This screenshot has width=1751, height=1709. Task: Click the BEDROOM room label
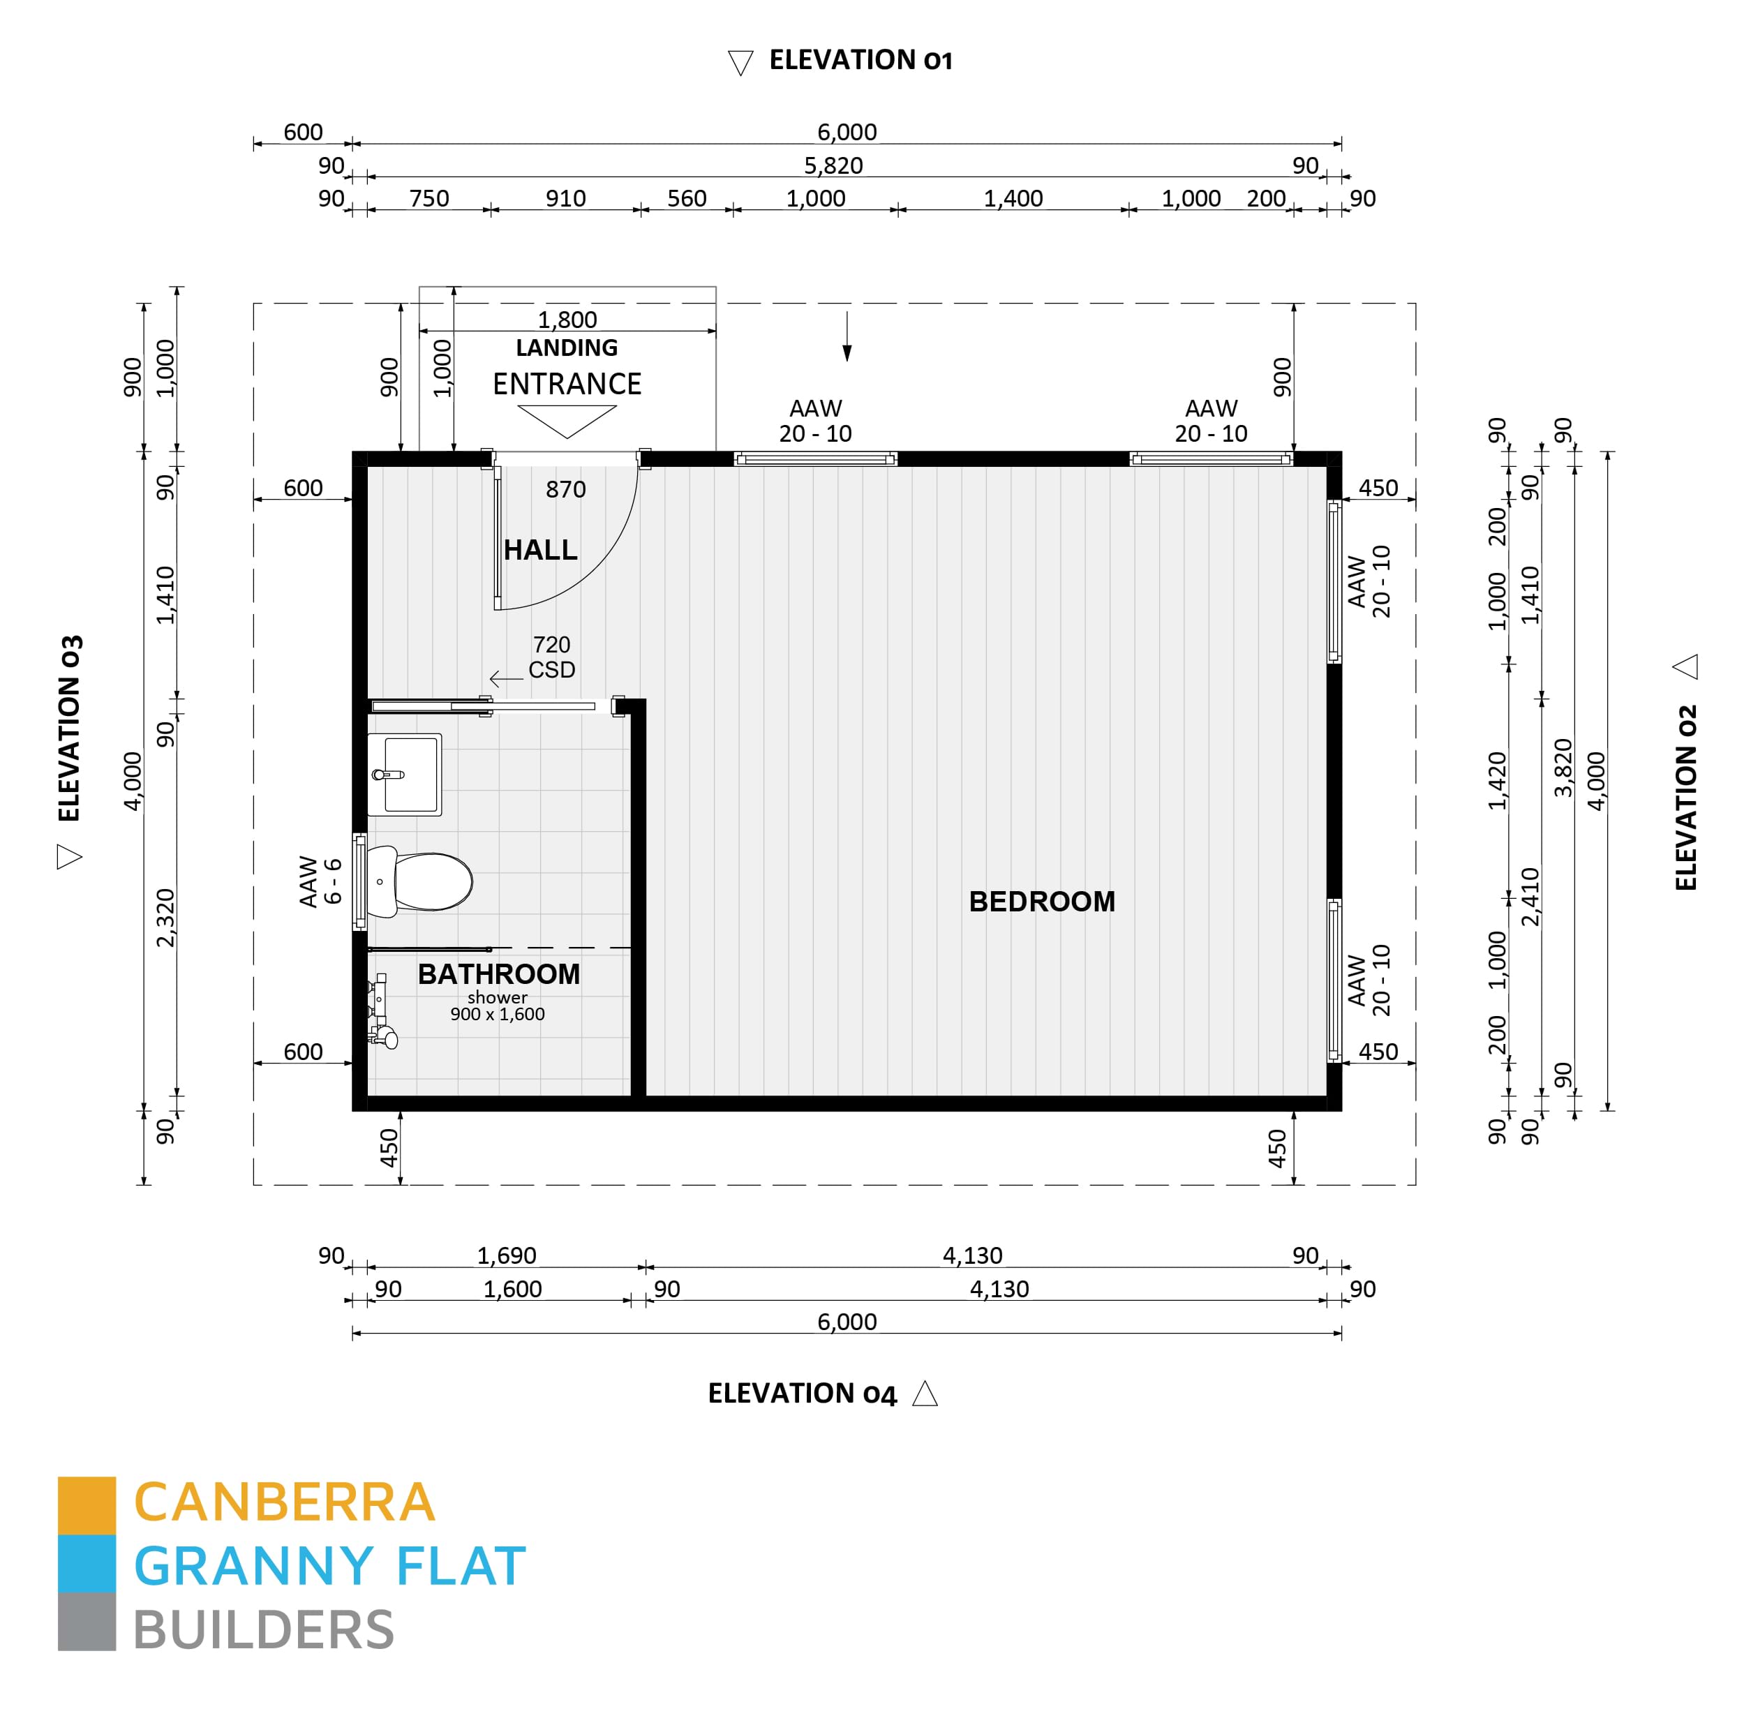(1041, 901)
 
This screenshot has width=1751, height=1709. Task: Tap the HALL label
(539, 549)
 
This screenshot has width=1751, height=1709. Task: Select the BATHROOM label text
(498, 974)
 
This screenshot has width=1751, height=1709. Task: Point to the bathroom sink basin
(405, 774)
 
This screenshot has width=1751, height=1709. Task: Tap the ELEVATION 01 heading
(860, 60)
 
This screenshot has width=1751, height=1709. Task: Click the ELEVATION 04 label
(801, 1393)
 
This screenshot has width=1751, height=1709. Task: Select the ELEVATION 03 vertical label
(70, 728)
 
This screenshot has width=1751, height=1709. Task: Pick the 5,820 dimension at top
(833, 165)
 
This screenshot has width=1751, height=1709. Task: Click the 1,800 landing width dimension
(567, 320)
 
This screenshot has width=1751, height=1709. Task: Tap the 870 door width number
(565, 489)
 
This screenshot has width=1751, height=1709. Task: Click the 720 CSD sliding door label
(551, 657)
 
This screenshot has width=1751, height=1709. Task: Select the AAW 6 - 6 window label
(320, 881)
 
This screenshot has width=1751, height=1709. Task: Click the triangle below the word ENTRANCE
(567, 419)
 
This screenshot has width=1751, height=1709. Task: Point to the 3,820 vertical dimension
(1563, 768)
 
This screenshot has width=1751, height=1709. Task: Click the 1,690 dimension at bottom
(506, 1255)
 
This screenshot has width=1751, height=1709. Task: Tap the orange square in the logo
(86, 1505)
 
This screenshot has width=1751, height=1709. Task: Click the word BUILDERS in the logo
(264, 1630)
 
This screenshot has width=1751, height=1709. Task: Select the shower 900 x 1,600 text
(497, 1006)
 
